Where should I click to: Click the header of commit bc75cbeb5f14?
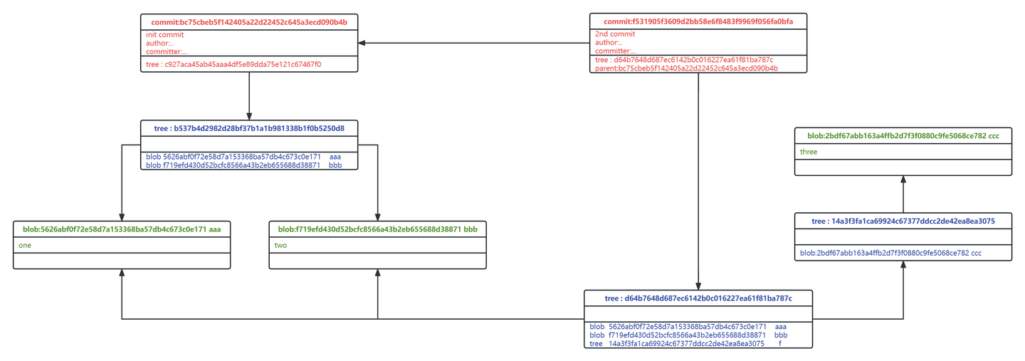(249, 22)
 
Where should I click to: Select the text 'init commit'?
(164, 34)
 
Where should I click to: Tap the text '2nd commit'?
(614, 34)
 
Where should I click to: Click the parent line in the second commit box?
(686, 68)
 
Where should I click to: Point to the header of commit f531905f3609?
(698, 22)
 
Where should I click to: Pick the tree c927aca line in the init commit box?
(233, 64)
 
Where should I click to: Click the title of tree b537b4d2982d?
(249, 129)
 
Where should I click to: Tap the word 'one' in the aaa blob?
(25, 245)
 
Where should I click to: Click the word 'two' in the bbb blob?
(280, 245)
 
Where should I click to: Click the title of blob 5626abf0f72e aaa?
(122, 229)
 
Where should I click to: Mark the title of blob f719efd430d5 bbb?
(377, 229)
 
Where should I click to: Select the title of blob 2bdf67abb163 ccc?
(903, 135)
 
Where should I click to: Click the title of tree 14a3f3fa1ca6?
(903, 221)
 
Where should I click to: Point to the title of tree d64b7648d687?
(698, 298)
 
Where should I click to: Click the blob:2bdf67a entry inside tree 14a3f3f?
(890, 253)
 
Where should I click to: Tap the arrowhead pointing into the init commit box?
(362, 43)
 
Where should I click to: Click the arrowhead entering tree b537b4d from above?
(249, 117)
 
